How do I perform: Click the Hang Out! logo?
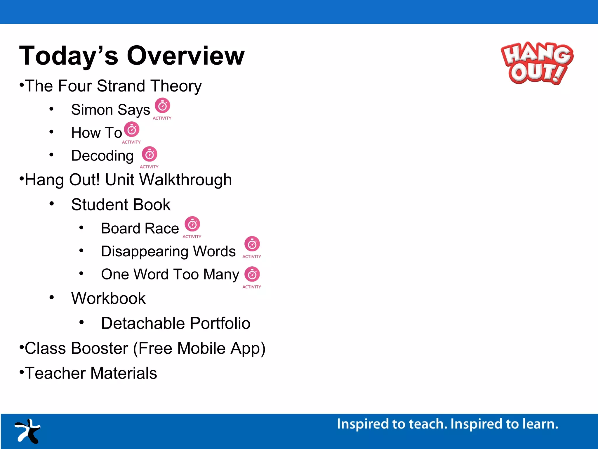coord(537,63)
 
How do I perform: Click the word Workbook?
coord(108,298)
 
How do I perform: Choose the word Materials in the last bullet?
coord(124,373)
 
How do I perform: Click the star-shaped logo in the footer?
coord(28,431)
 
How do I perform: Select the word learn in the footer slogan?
coord(540,424)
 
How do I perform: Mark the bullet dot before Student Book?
coord(52,204)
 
